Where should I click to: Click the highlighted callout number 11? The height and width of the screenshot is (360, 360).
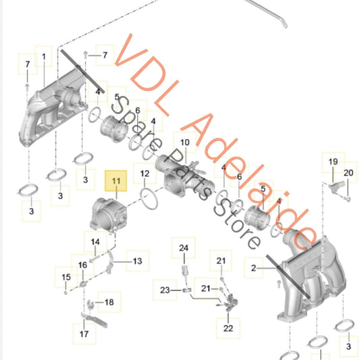point(116,181)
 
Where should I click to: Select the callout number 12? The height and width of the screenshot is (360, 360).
point(145,174)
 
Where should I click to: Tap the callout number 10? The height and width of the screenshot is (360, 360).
point(185,143)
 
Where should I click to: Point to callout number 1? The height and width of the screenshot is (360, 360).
point(44,57)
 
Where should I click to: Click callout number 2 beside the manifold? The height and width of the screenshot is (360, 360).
point(253,268)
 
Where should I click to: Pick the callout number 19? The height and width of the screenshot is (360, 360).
point(333,161)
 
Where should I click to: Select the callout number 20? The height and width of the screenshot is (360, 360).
point(349,173)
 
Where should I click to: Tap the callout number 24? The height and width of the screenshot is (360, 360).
point(184,248)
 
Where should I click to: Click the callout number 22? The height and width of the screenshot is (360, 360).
point(228,328)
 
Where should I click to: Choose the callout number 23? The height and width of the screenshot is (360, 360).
point(165,290)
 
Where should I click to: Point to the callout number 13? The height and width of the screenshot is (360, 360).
point(138,261)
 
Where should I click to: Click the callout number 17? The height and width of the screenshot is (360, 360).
point(84,334)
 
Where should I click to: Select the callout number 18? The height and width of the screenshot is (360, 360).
point(109,302)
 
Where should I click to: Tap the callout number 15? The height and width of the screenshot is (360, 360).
point(66,277)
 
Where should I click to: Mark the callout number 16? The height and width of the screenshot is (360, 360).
point(82,265)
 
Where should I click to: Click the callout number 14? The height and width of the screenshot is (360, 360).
point(95,242)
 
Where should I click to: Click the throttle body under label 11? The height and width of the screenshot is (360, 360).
point(108,215)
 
